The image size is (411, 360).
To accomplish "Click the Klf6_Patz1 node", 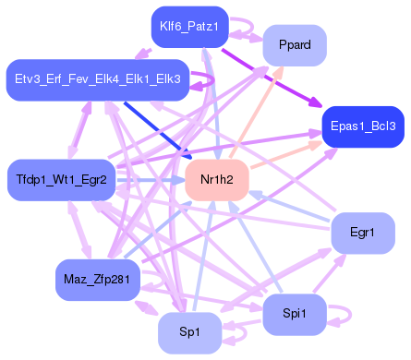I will click(x=189, y=27).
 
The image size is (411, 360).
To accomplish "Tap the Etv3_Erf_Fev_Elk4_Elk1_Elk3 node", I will click(x=98, y=80).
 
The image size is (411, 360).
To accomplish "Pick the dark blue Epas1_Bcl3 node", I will click(x=361, y=126).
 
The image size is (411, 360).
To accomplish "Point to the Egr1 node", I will click(x=363, y=233).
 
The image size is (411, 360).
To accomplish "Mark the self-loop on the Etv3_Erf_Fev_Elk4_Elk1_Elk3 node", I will click(x=205, y=81).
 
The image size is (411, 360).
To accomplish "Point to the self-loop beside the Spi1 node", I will click(x=342, y=315).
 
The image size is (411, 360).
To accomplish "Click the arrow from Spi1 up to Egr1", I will click(x=328, y=275).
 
